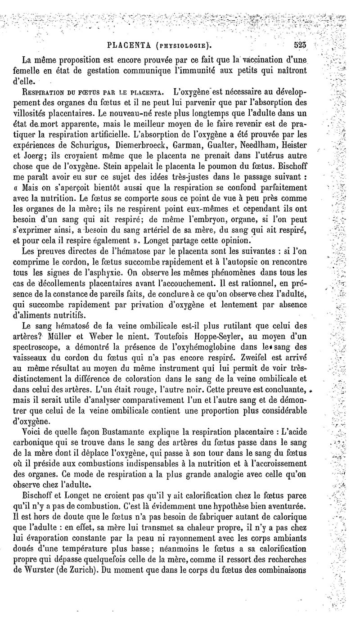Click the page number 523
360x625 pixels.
299,45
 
